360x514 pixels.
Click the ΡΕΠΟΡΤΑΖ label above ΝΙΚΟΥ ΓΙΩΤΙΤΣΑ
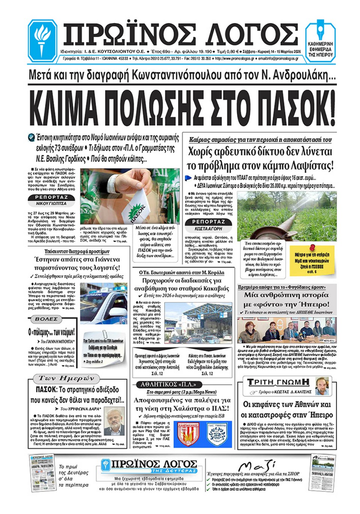point(51,197)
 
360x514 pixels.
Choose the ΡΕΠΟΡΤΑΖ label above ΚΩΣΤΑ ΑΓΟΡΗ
point(208,222)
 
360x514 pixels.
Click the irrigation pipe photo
point(287,215)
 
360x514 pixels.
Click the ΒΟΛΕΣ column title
point(46,319)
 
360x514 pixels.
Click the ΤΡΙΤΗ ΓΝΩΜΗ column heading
point(278,382)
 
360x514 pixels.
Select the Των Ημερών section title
point(64,378)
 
